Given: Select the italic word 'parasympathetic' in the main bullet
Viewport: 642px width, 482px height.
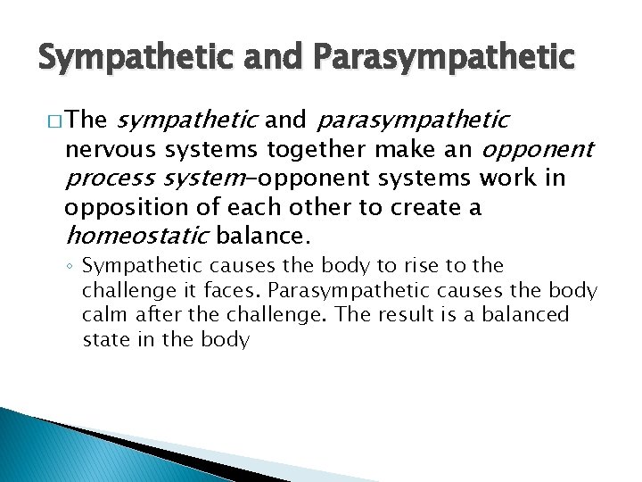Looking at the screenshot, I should [x=413, y=120].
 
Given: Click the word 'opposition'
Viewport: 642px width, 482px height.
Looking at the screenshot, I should [x=119, y=208].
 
